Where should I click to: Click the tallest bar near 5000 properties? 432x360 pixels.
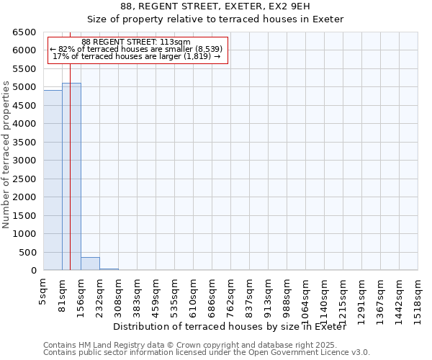[x=71, y=176]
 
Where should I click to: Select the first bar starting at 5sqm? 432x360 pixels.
[x=53, y=180]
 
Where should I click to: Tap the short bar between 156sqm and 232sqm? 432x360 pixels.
[x=90, y=264]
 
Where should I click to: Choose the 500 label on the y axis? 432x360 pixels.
[x=29, y=253]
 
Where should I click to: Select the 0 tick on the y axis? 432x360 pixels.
[x=33, y=271]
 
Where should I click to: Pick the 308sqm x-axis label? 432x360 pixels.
[x=119, y=293]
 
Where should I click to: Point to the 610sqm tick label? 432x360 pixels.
[x=194, y=293]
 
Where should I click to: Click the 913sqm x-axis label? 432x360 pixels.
[x=269, y=293]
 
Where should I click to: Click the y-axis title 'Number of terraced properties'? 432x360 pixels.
[x=7, y=155]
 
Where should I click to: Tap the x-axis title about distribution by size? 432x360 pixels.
[x=230, y=327]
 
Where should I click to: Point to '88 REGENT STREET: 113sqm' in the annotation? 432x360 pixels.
[x=136, y=42]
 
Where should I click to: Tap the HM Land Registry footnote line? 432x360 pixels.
[x=206, y=345]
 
